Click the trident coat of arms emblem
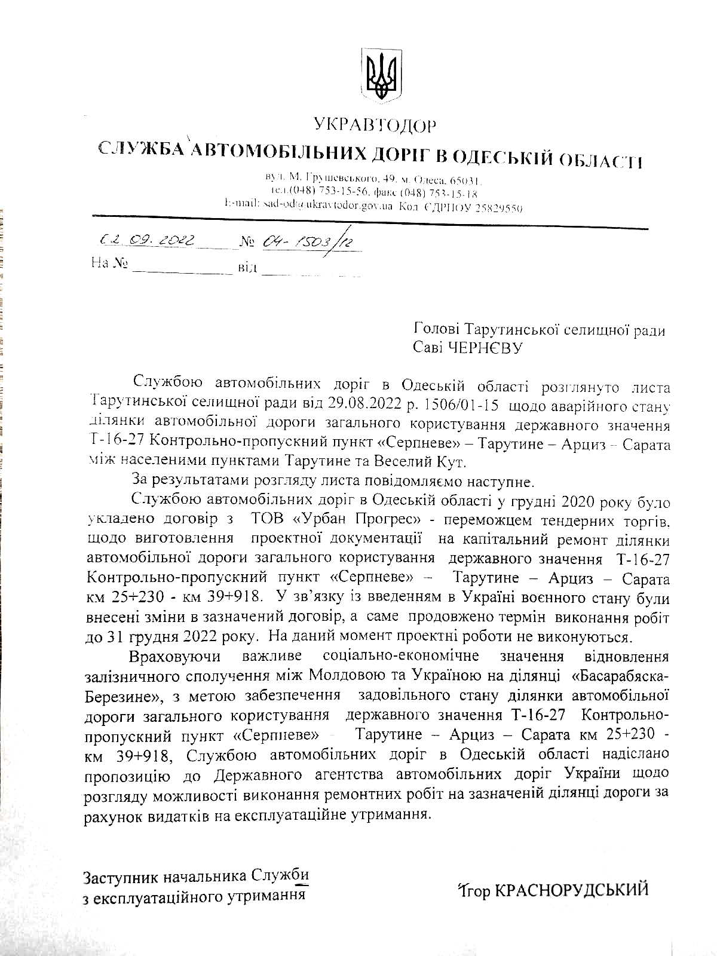pyautogui.click(x=381, y=75)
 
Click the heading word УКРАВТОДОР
pyautogui.click(x=375, y=125)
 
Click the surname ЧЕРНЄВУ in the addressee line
pyautogui.click(x=485, y=348)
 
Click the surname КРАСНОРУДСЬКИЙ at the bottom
pyautogui.click(x=571, y=890)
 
